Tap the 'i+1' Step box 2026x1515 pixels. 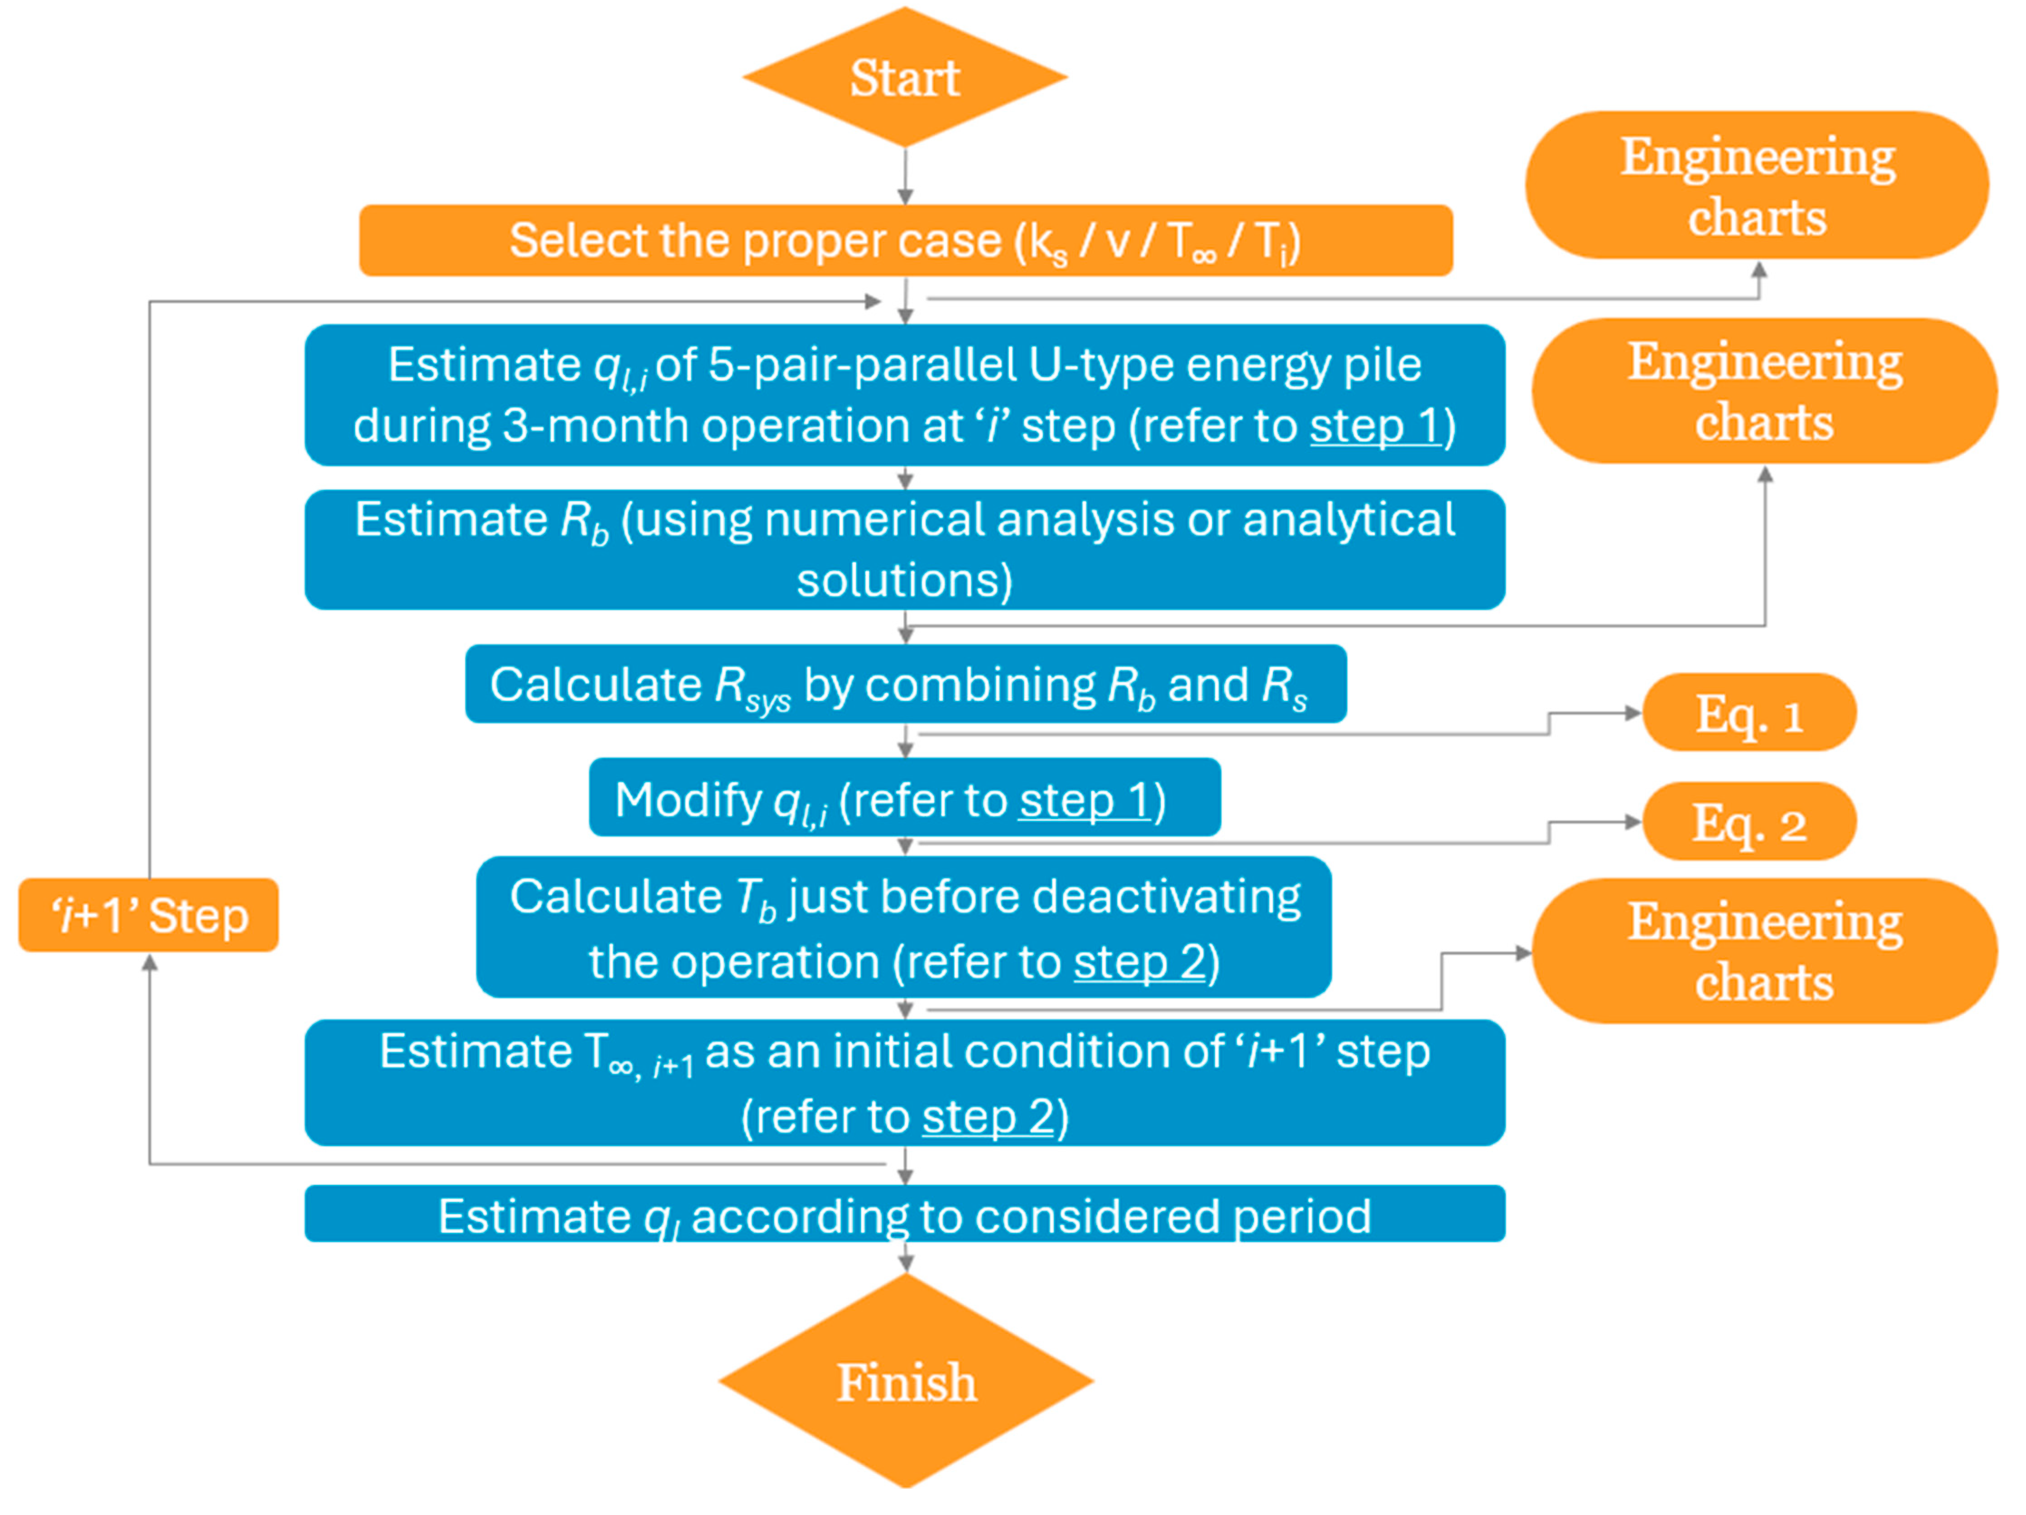tap(149, 915)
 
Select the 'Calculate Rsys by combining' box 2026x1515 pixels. tap(905, 684)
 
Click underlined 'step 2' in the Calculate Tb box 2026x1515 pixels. tap(1138, 962)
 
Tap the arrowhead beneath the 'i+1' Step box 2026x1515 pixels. tap(149, 964)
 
